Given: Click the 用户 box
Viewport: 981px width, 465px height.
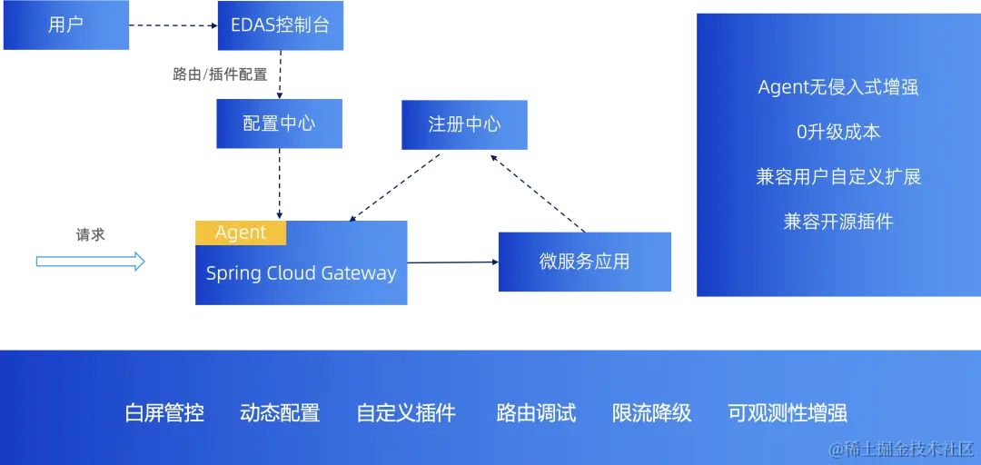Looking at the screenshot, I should coord(65,25).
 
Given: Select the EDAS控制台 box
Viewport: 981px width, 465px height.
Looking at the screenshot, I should coord(280,25).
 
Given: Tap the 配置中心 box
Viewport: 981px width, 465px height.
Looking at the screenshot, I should coord(280,123).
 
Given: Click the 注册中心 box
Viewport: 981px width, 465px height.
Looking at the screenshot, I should coord(464,124).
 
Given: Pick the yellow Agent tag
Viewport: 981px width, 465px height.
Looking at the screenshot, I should coord(241,232).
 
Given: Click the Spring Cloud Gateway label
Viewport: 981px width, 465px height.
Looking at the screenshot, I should coord(301,273).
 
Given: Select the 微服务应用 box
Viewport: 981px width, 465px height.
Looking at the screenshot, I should coord(584,262).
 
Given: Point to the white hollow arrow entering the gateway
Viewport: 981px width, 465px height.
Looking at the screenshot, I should coord(91,262).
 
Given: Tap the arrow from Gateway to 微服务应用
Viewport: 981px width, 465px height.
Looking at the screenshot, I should coord(454,263).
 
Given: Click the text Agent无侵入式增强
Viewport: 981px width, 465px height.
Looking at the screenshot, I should coord(838,87).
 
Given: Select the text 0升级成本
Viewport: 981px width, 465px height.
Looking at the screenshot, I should coord(838,132).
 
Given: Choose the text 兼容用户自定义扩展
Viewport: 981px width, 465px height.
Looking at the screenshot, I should coord(838,176).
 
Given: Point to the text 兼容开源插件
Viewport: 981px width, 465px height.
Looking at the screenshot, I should coord(838,221).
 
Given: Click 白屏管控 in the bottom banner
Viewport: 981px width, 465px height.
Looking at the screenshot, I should coord(164,413).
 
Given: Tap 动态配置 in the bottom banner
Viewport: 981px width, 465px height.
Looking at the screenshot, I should coord(280,413).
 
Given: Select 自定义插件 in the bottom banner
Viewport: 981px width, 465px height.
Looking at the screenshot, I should coord(406,413).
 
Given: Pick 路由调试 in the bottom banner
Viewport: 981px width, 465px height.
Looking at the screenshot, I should coord(536,413).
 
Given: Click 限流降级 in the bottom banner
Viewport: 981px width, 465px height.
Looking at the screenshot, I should coord(651,413).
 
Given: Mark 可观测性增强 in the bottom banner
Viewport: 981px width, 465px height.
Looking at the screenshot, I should coord(788,413).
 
